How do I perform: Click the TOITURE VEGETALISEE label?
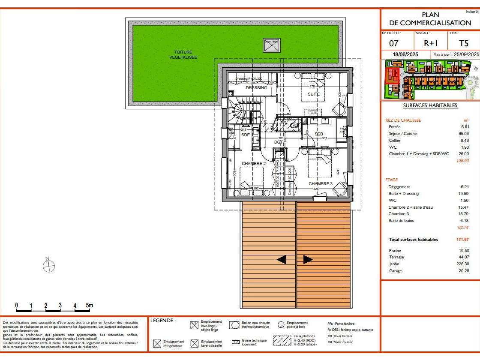point(183,54)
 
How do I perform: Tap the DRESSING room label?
point(256,88)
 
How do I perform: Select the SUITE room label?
point(314,94)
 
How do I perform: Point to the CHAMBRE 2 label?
point(254,164)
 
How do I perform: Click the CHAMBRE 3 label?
point(321,184)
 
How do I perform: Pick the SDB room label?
point(319,134)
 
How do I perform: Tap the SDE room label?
point(246,135)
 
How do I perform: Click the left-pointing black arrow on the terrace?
point(282,259)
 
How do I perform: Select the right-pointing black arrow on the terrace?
point(308,259)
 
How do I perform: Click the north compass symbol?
point(49,266)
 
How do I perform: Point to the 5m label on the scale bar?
point(89,306)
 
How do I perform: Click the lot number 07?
point(394,43)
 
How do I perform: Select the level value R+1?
point(430,43)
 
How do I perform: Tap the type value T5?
point(464,43)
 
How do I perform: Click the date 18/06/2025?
point(405,55)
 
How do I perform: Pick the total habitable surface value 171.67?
point(462,240)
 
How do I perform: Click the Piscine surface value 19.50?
point(464,250)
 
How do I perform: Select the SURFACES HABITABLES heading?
point(424,105)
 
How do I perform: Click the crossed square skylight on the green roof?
point(271,45)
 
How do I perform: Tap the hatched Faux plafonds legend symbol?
point(282,340)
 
